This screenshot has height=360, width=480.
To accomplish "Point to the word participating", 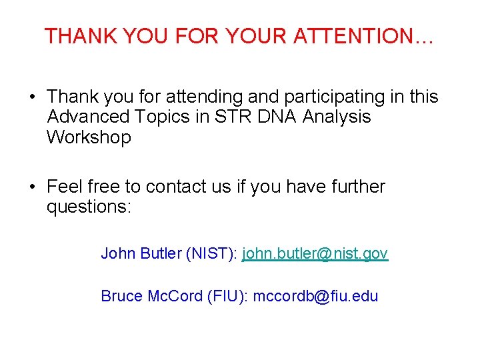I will coord(327,97).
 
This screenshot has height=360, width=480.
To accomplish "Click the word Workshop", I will coord(89,137).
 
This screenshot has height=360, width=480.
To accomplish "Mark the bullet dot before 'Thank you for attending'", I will coord(32,98).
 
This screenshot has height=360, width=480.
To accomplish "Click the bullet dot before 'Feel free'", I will coord(32,187).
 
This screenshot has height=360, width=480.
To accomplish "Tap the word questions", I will coord(89,207).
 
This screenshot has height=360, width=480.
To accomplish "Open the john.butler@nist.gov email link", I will coord(315,253).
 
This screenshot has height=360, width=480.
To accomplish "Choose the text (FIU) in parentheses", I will coord(227,295).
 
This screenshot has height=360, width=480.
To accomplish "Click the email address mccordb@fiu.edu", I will coord(315,295).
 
